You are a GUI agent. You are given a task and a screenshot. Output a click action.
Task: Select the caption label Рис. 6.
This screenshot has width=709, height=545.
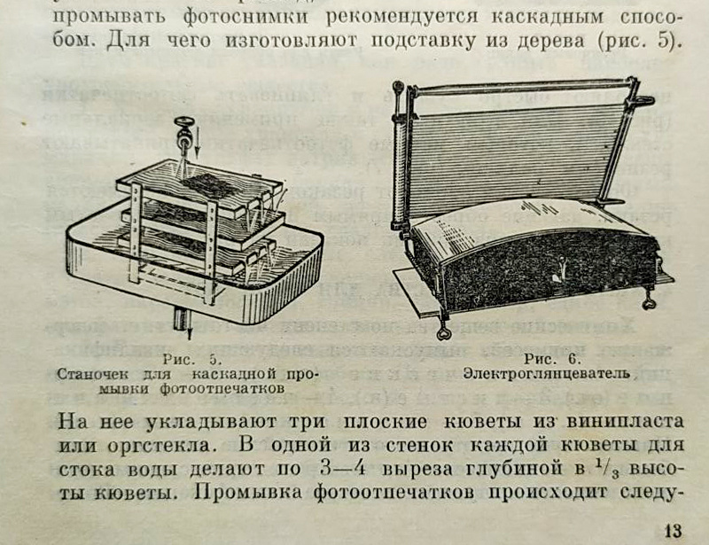point(551,358)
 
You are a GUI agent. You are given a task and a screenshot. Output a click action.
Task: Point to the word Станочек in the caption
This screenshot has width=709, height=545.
point(92,373)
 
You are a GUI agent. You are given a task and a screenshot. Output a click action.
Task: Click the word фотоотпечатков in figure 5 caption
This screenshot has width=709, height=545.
point(234,388)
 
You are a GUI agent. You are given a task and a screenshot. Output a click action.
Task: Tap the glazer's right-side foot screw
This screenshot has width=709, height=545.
point(650,302)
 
